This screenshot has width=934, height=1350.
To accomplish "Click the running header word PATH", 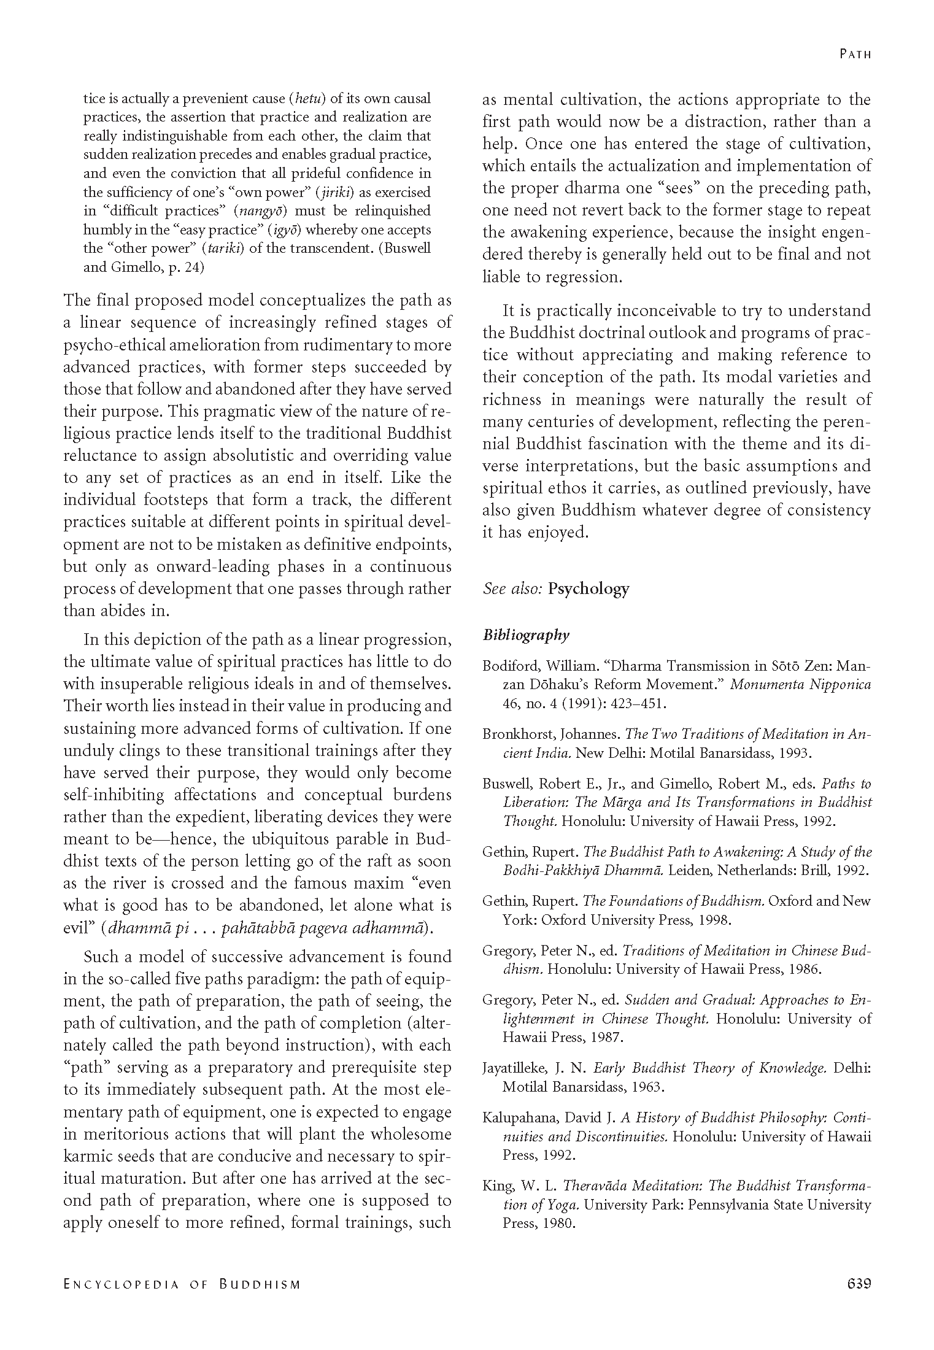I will coord(855,54).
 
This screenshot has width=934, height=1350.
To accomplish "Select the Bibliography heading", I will coord(526,635).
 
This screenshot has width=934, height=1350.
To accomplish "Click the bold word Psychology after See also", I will coord(589,588).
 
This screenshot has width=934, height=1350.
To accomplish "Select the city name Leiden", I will coord(690,870).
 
